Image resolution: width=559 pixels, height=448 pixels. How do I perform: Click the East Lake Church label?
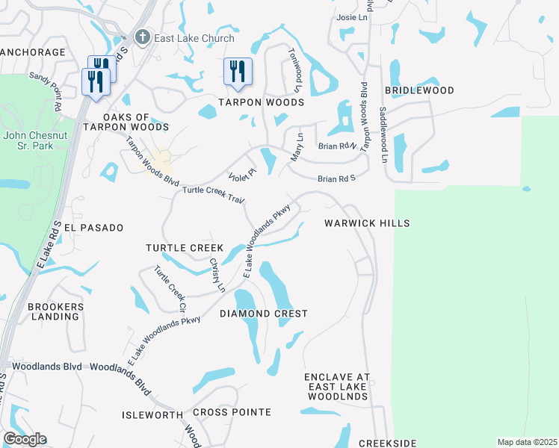pyautogui.click(x=194, y=38)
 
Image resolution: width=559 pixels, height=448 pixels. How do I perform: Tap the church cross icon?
pyautogui.click(x=142, y=37)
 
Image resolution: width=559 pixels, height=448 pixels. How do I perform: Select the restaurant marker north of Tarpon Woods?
pyautogui.click(x=237, y=72)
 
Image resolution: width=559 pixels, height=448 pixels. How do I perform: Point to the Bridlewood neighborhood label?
pyautogui.click(x=419, y=90)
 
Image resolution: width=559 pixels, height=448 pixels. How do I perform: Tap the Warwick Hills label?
pyautogui.click(x=367, y=223)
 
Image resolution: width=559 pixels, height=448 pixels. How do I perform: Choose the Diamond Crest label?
pyautogui.click(x=264, y=314)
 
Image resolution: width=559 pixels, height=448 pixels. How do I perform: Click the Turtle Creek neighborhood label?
pyautogui.click(x=185, y=247)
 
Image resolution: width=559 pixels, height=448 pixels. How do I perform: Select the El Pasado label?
pyautogui.click(x=93, y=227)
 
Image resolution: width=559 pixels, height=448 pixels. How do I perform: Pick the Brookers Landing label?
pyautogui.click(x=53, y=311)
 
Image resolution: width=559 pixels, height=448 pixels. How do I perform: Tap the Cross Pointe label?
pyautogui.click(x=232, y=412)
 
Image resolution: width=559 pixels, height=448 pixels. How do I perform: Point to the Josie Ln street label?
pyautogui.click(x=353, y=17)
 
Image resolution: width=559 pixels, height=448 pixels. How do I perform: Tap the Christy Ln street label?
pyautogui.click(x=217, y=274)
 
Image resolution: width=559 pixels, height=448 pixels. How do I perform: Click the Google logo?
pyautogui.click(x=25, y=439)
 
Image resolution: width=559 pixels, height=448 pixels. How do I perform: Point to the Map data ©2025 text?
pyautogui.click(x=527, y=442)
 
